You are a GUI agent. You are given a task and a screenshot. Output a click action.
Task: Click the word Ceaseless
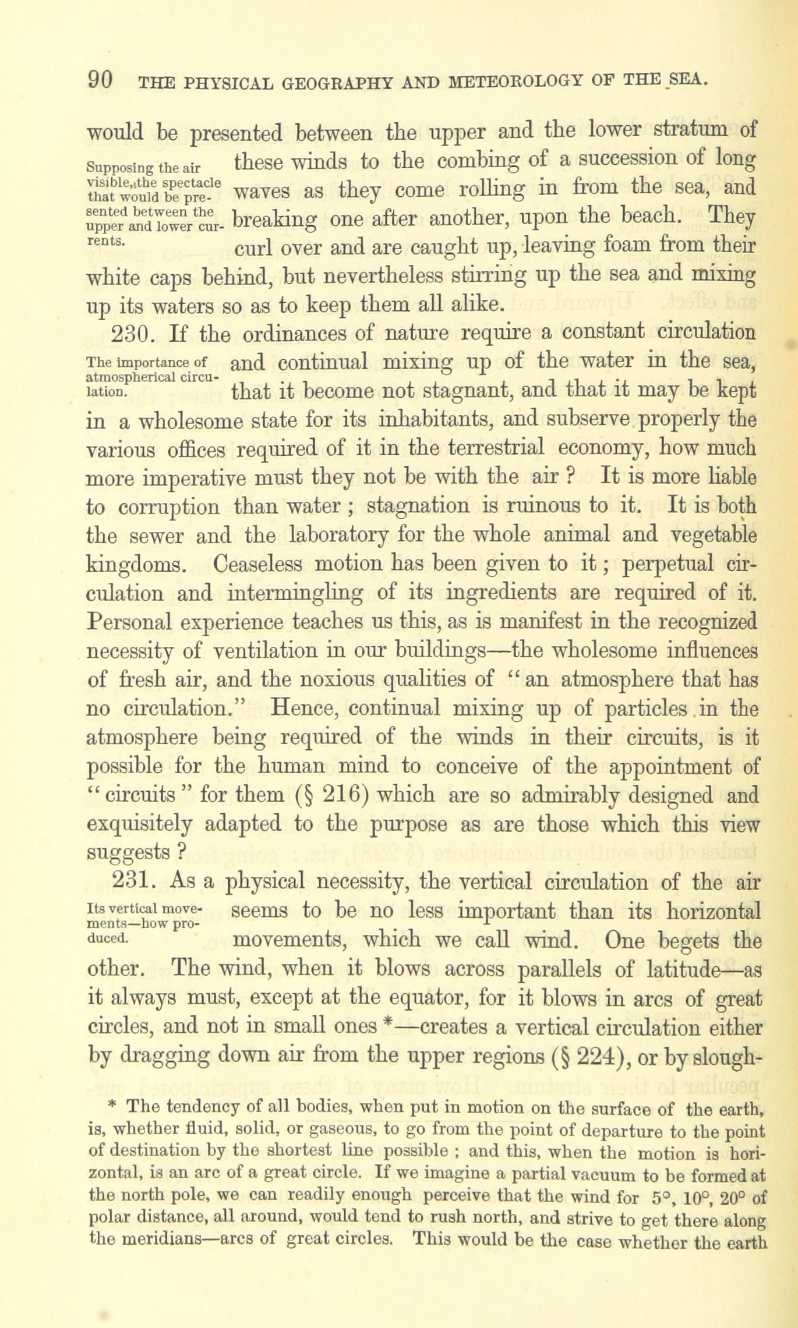click(257, 564)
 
